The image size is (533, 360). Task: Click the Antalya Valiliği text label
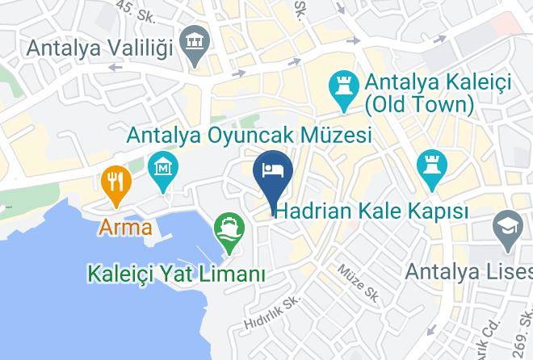(99, 47)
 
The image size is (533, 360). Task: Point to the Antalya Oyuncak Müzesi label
(249, 135)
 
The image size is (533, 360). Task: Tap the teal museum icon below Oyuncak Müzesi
(164, 171)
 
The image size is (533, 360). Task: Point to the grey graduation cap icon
(510, 229)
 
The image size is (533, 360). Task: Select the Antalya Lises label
(468, 270)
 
